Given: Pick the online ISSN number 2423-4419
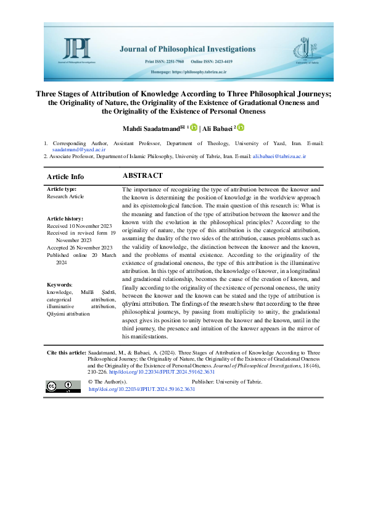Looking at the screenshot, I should pyautogui.click(x=242, y=62).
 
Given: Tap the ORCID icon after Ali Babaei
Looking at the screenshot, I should pyautogui.click(x=241, y=127).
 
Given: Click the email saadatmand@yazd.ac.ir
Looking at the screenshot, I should pyautogui.click(x=70, y=149).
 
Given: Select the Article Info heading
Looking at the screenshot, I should pyautogui.click(x=65, y=177).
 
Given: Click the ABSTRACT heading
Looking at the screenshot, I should pyautogui.click(x=142, y=176).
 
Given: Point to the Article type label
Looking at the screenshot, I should pyautogui.click(x=63, y=189).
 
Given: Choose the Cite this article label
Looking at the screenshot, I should pyautogui.click(x=67, y=353).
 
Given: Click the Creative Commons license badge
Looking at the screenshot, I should pyautogui.click(x=63, y=387).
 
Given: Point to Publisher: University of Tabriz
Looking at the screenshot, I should pyautogui.click(x=228, y=382).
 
